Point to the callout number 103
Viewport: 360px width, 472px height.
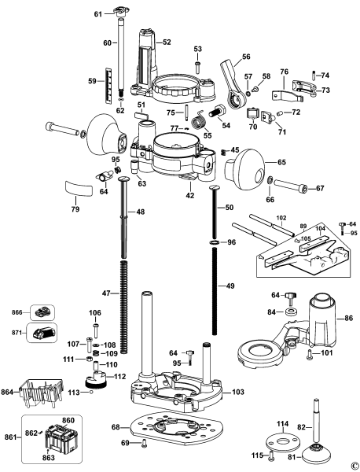point(239,391)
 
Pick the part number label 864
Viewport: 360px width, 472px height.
point(10,391)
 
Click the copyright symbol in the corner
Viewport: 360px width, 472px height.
point(354,465)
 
